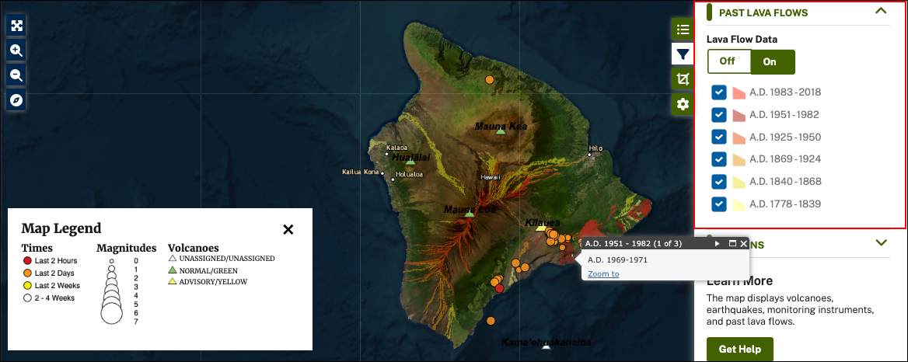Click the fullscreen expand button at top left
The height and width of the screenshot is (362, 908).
click(x=16, y=25)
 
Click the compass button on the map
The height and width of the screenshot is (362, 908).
click(x=16, y=100)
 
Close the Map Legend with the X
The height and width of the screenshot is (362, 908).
click(x=288, y=229)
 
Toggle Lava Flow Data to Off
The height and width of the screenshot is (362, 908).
click(x=728, y=61)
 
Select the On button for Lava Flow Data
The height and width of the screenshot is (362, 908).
click(x=772, y=61)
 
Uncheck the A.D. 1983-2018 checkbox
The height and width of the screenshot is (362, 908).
click(x=719, y=92)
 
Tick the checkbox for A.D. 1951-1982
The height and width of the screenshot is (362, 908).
click(x=719, y=115)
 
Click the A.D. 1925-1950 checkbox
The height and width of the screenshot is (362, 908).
click(x=719, y=137)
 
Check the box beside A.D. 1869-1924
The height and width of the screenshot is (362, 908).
click(x=719, y=159)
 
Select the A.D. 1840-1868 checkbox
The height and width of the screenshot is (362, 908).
click(x=719, y=182)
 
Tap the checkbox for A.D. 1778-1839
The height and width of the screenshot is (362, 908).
click(x=719, y=204)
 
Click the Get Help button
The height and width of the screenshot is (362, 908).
click(x=739, y=349)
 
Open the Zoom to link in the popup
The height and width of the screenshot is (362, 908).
click(x=603, y=273)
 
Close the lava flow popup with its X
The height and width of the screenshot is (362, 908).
click(x=744, y=244)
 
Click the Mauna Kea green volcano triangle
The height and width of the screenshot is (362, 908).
click(x=501, y=131)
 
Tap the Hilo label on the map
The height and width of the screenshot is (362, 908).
click(x=596, y=148)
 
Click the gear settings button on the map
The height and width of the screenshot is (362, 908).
click(x=683, y=104)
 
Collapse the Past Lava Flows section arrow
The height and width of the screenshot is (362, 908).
click(x=881, y=12)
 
